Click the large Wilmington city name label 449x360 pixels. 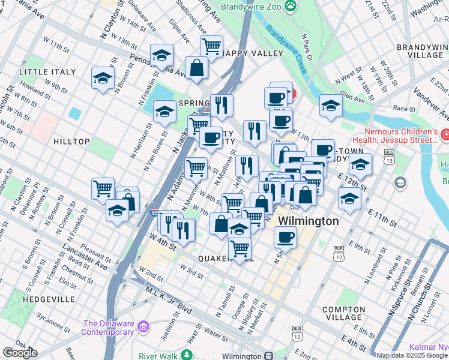coord(308,221)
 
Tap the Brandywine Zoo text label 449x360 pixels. coord(250,7)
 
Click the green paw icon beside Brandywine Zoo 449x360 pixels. coord(291,6)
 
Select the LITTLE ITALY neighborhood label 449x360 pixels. coord(48,72)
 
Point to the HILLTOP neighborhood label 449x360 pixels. coord(71,142)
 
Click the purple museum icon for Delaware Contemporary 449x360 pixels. coord(143,327)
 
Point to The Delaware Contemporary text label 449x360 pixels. coord(108,328)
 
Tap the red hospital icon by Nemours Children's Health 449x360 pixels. coord(445,133)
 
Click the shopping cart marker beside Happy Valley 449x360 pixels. coord(211,46)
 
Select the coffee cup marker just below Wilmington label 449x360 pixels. coord(285,237)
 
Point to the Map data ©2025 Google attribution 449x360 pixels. coord(412,355)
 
